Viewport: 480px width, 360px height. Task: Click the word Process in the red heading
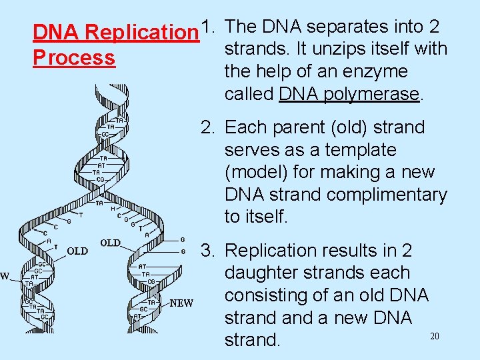coord(74,57)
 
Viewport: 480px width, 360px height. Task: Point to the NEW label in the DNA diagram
coord(181,303)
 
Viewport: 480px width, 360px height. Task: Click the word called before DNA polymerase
coord(249,94)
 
